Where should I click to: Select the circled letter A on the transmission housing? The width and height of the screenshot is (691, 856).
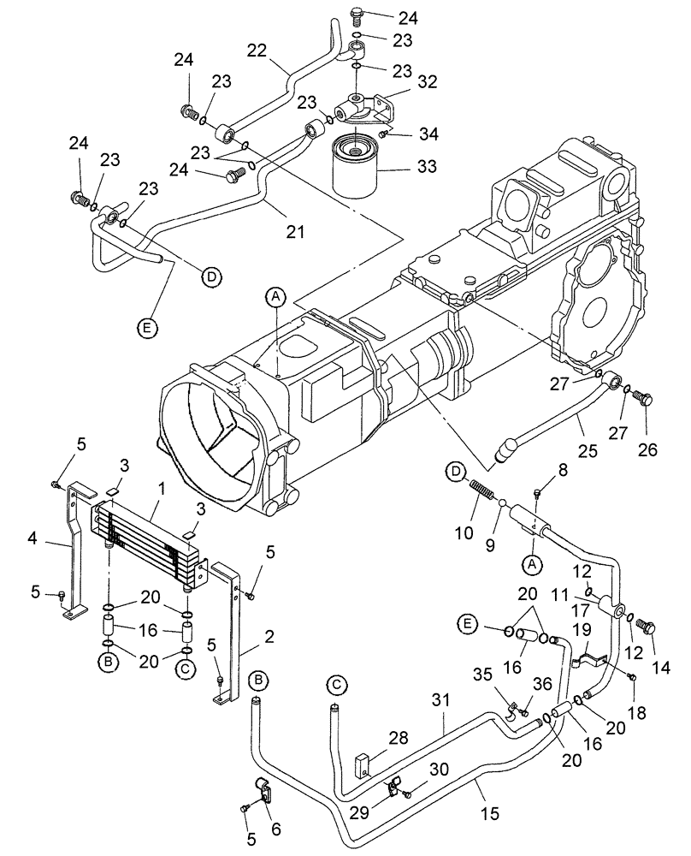pos(275,297)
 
